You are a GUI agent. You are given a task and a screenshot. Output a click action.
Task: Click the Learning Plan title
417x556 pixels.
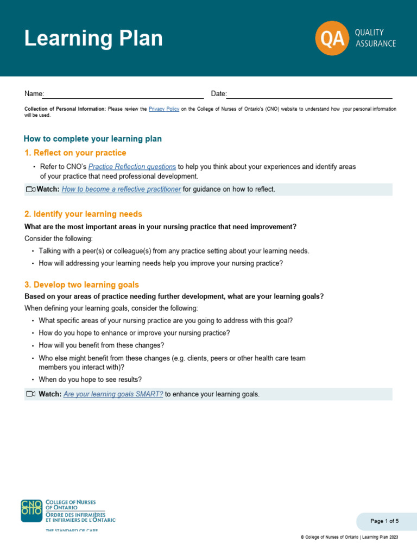pos(93,39)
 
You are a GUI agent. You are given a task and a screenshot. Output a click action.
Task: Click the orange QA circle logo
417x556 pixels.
pos(332,38)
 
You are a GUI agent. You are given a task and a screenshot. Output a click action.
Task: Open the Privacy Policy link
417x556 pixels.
pos(164,109)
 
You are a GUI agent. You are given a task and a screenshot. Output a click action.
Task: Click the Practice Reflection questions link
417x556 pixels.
pos(132,167)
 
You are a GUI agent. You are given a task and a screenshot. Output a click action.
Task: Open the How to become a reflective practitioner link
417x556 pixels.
pos(121,189)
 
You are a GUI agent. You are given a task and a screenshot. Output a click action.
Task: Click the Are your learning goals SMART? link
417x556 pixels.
pos(113,394)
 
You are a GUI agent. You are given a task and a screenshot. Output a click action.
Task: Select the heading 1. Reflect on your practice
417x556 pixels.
pos(75,153)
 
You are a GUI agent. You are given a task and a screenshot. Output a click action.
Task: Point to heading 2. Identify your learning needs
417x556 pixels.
pos(83,214)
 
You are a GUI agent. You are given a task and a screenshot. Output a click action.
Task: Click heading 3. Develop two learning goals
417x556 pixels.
pos(81,285)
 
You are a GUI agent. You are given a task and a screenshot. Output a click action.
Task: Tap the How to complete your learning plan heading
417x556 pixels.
pos(93,139)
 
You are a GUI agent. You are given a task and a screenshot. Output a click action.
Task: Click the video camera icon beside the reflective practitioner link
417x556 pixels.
pos(30,189)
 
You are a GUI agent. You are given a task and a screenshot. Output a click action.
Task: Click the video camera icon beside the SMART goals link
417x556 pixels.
pos(30,394)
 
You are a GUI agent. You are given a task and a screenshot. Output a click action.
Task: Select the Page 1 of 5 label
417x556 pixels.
pos(384,521)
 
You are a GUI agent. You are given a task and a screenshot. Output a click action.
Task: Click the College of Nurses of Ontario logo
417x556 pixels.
pos(68,511)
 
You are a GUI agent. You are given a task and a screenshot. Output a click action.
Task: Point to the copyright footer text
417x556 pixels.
pos(349,537)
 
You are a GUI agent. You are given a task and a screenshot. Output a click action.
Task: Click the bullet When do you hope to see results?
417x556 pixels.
pos(90,380)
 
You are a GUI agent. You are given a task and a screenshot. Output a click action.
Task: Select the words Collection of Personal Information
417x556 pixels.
pos(65,109)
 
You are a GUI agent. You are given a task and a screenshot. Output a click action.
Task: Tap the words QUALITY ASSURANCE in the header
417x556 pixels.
pos(375,38)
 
